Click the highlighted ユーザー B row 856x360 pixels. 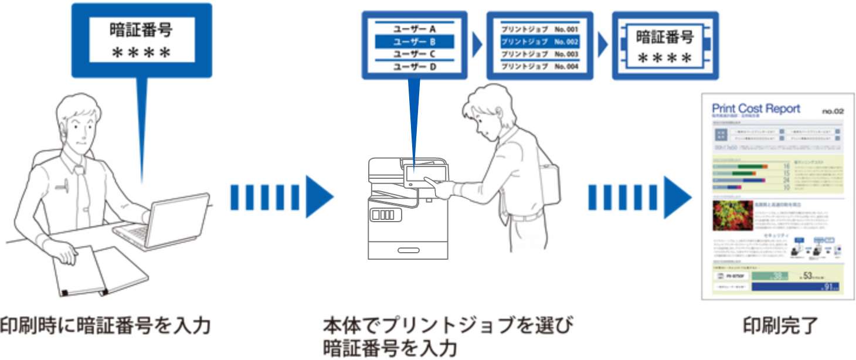tap(415, 42)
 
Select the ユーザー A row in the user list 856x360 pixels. tap(415, 28)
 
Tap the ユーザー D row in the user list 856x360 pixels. tap(415, 66)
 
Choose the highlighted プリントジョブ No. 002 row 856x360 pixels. tap(539, 42)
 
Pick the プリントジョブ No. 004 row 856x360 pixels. tap(539, 66)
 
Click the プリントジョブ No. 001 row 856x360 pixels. tap(539, 28)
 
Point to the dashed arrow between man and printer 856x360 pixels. tap(281, 198)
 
